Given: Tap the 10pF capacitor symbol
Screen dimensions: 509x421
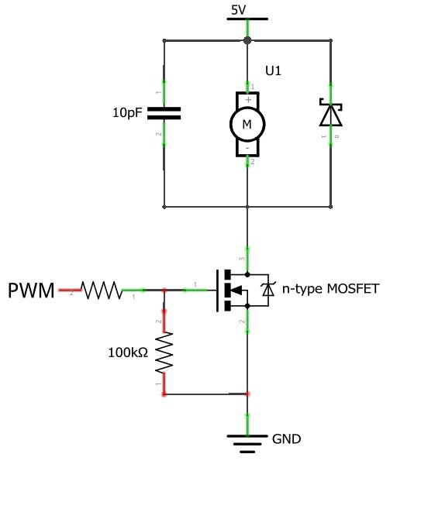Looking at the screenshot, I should coord(164,113).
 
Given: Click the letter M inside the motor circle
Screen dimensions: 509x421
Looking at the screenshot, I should coord(247,124).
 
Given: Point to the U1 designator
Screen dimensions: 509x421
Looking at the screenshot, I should coord(274,71).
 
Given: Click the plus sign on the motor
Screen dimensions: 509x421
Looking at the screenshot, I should coord(247,99).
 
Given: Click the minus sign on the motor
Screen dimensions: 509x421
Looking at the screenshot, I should coord(247,147).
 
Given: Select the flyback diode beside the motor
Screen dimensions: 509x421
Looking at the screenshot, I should coord(331,114).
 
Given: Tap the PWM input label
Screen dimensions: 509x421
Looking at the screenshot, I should coord(31,291).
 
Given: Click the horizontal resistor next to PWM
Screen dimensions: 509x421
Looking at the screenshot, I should coord(102,291).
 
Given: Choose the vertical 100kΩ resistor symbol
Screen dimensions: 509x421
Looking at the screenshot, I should coord(164,352).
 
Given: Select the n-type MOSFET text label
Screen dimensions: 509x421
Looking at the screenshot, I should coord(330,289).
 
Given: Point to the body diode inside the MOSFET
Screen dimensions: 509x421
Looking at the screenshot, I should coord(268,290).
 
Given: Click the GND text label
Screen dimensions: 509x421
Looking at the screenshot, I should coord(286,438).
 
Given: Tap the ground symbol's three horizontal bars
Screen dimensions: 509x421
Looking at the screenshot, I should coord(247,442).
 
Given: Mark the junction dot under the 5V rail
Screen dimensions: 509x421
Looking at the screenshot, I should coord(247,40).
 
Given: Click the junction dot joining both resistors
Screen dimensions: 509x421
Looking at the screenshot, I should coord(164,291).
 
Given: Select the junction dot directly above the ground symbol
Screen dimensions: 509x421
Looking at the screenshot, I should coord(247,394).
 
